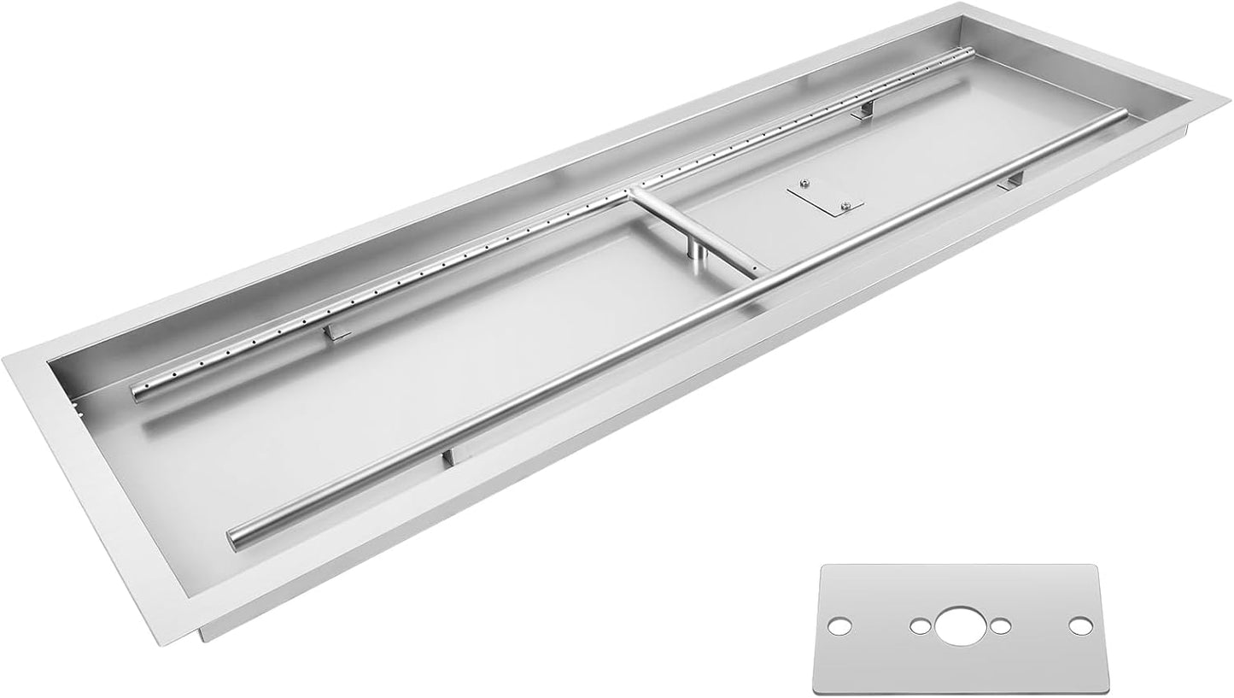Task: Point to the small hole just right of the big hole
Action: (x=997, y=626)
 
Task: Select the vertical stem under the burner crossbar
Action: (x=698, y=249)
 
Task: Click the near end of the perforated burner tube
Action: (x=137, y=390)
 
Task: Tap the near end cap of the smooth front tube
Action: (x=232, y=537)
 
